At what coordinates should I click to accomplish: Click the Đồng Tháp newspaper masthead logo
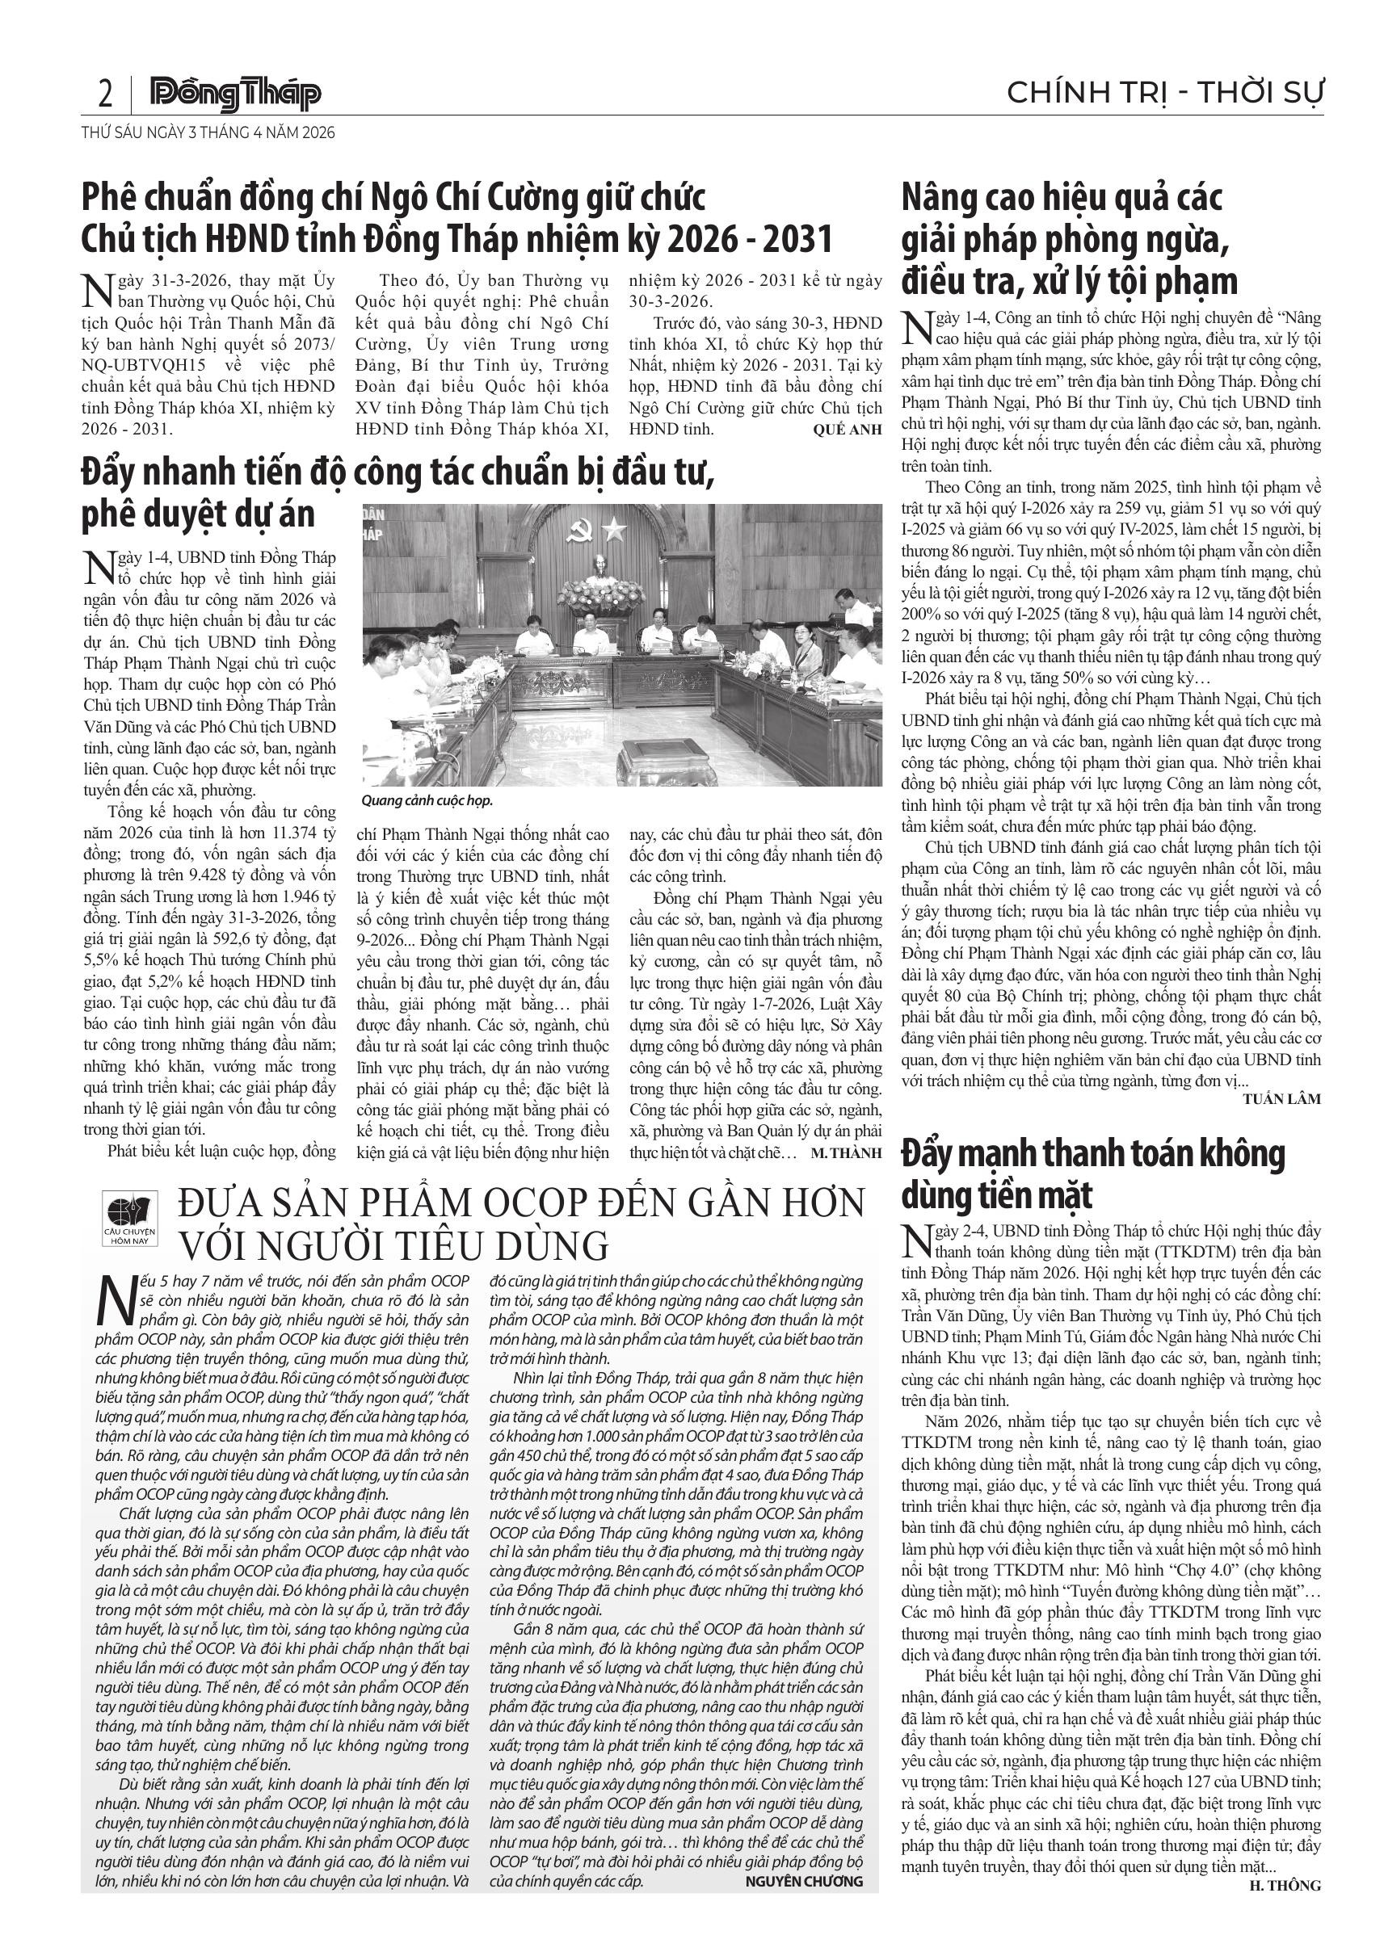click(x=235, y=94)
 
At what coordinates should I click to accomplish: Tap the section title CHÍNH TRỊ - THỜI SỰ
click(x=1164, y=93)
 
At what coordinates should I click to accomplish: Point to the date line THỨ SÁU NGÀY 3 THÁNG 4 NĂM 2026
click(x=208, y=133)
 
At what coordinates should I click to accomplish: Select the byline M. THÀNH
click(x=845, y=1153)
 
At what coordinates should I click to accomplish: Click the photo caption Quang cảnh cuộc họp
click(x=427, y=801)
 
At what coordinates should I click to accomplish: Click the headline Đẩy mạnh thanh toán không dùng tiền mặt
click(x=1092, y=1175)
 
